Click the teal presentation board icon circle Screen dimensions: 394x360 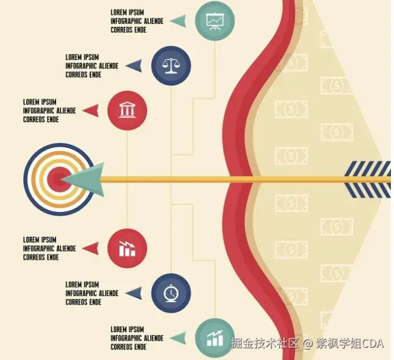coord(215,21)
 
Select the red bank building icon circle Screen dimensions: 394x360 coord(127,110)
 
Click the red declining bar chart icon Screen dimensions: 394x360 coord(127,248)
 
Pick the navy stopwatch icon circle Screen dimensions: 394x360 coord(171,293)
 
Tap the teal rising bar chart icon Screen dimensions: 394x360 coord(215,337)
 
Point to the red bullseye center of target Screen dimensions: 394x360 coord(57,179)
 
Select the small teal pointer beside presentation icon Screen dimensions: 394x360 coord(178,21)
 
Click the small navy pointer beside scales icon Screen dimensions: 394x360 coord(134,66)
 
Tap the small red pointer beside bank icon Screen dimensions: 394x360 coord(90,110)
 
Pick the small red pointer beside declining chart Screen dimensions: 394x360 coord(90,248)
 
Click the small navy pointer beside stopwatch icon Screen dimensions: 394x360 coord(134,293)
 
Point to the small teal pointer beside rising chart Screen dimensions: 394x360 coord(178,337)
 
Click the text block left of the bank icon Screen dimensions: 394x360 coord(49,111)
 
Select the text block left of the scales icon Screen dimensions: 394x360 coord(92,66)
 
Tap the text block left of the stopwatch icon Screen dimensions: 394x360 coord(92,293)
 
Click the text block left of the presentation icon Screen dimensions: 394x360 coord(137,21)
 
